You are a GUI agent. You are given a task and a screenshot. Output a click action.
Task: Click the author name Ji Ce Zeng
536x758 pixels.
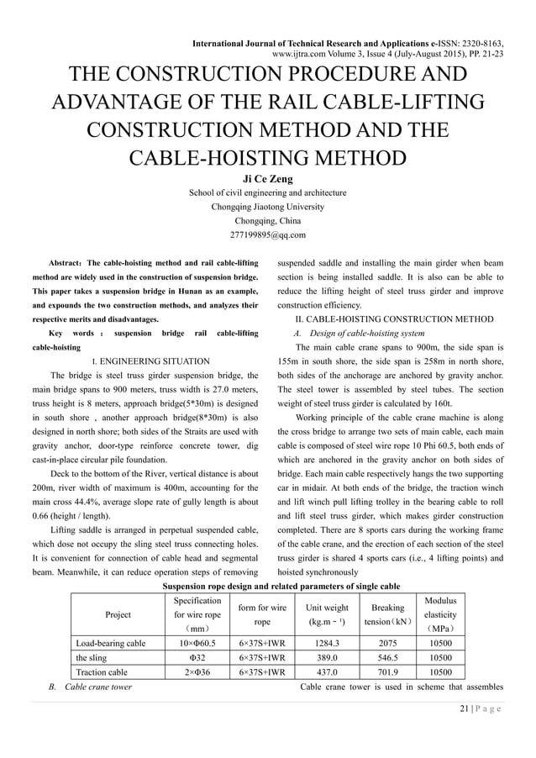click(x=267, y=178)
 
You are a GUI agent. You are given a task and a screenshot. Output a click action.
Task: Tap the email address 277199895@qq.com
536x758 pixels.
click(x=267, y=234)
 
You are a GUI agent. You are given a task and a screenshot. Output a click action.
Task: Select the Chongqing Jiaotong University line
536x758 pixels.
click(x=267, y=207)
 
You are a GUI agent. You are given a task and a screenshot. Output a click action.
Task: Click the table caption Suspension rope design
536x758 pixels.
click(x=267, y=586)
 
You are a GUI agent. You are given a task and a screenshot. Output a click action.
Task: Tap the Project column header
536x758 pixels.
click(x=118, y=614)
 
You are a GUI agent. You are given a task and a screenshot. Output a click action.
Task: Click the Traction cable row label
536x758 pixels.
click(x=102, y=672)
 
